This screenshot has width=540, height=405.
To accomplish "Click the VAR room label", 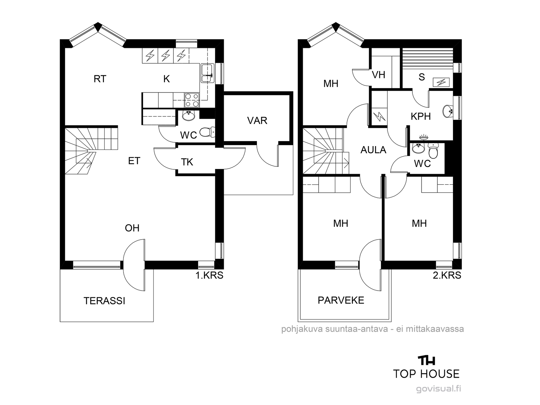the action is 257,120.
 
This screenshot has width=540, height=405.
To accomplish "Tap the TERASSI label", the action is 104,301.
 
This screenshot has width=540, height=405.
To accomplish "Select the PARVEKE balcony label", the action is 341,300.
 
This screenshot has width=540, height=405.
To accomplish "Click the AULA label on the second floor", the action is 373,150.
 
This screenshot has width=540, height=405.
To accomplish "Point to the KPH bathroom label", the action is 421,116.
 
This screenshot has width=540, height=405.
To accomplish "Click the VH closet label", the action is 378,75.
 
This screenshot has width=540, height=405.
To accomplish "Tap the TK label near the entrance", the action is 187,162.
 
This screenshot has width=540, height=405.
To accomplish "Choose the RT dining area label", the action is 100,79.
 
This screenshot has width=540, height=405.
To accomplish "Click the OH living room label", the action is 132,228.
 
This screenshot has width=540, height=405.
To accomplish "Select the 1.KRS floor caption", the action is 209,275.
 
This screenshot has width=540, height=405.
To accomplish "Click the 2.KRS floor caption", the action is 447,275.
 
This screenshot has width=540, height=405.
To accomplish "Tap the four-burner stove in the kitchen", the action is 192,100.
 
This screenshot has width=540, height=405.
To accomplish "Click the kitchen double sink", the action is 207,73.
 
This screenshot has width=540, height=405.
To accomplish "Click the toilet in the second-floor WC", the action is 433,151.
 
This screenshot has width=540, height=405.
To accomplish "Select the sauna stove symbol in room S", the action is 441,82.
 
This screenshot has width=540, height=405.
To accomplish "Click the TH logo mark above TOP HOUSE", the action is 426,360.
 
